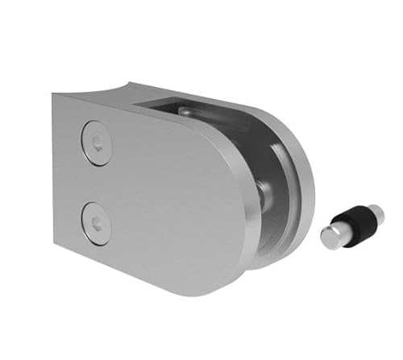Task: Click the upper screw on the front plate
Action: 97,143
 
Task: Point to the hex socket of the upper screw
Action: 97,143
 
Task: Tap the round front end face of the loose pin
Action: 330,236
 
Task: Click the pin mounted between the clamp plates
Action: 262,193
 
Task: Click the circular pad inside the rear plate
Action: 282,173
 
